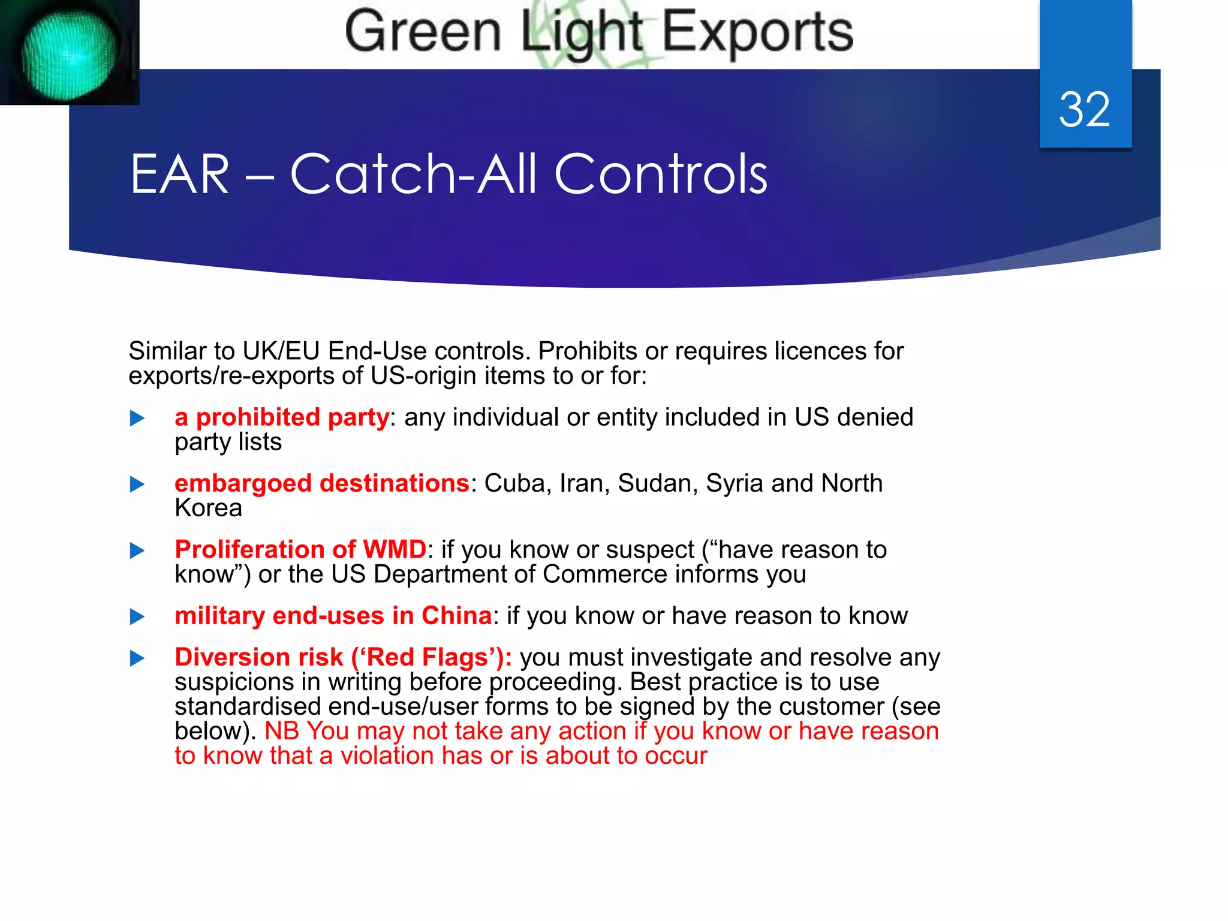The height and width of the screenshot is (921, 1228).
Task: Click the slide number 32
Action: (x=1084, y=110)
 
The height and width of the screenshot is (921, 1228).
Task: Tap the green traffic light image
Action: (x=68, y=53)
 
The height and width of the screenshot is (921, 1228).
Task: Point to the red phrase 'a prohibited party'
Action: (x=282, y=417)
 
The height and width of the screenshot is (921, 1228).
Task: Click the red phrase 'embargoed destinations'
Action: (x=322, y=483)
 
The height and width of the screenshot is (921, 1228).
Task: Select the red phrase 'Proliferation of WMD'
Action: (x=300, y=549)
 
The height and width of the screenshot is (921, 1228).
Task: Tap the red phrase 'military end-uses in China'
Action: (x=333, y=616)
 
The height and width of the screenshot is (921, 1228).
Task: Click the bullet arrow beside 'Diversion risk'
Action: (x=137, y=658)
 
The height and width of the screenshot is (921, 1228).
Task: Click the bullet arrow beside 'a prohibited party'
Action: (x=137, y=418)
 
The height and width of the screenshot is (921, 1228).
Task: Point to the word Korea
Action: (x=208, y=508)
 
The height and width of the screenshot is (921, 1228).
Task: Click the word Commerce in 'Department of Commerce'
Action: (x=604, y=574)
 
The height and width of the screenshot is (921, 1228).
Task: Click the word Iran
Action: (x=580, y=483)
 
